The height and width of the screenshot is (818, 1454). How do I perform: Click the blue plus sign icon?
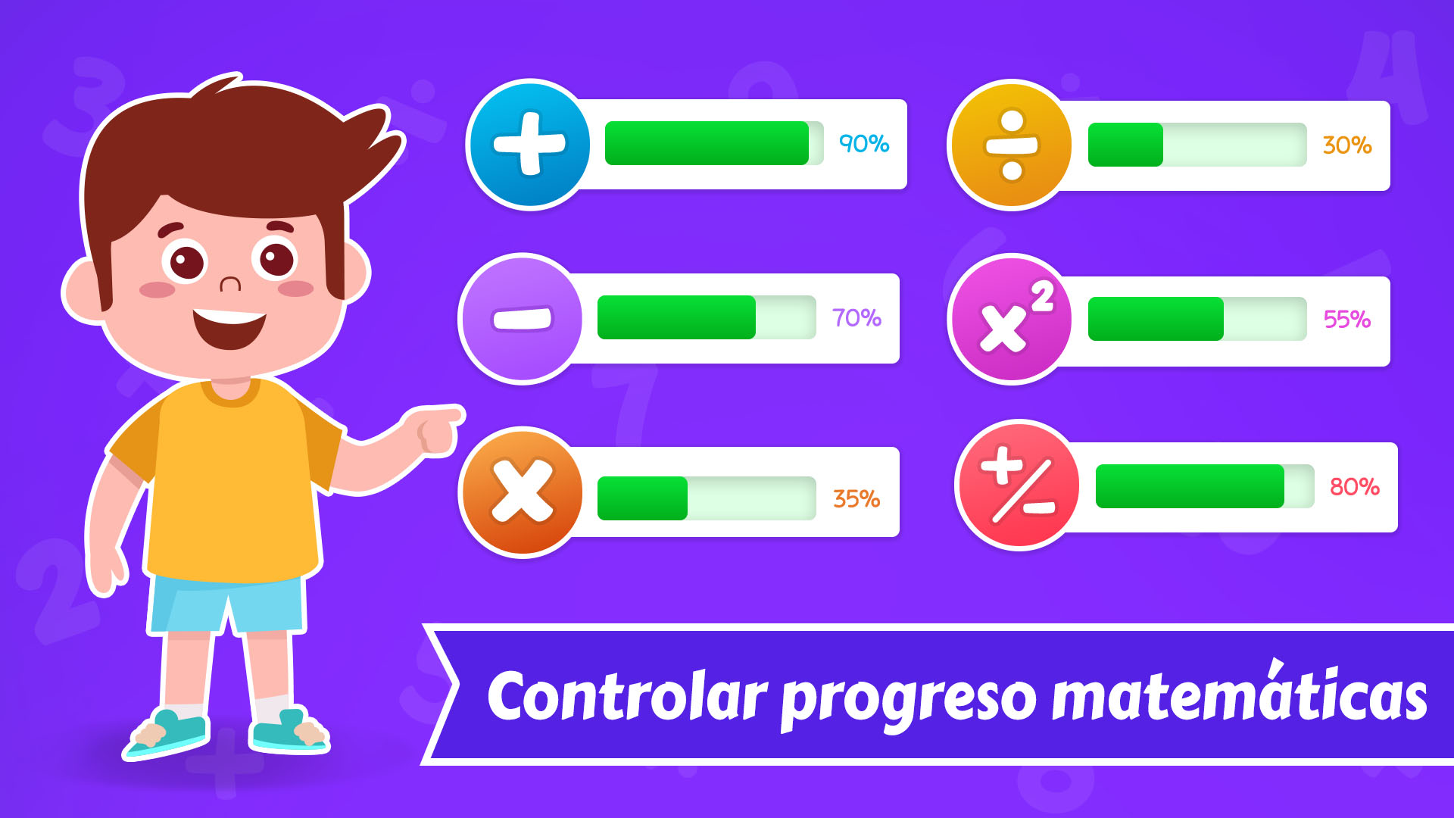(529, 144)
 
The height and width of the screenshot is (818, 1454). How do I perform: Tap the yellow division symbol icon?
(1012, 145)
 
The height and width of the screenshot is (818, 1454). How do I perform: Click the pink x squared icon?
(1012, 319)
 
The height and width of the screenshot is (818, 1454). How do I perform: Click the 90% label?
(864, 144)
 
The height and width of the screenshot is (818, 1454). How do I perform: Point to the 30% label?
(1347, 145)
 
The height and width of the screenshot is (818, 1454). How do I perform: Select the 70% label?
(856, 317)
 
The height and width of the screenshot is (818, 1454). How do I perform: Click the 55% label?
(1347, 319)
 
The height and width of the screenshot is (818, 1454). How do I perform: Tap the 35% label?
(856, 498)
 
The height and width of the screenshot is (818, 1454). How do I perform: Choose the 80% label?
(1355, 486)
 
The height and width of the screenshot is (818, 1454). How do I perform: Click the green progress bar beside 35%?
(642, 498)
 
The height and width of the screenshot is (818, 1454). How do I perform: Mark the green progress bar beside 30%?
(1125, 145)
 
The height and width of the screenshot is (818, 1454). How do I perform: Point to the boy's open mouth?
(229, 327)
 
